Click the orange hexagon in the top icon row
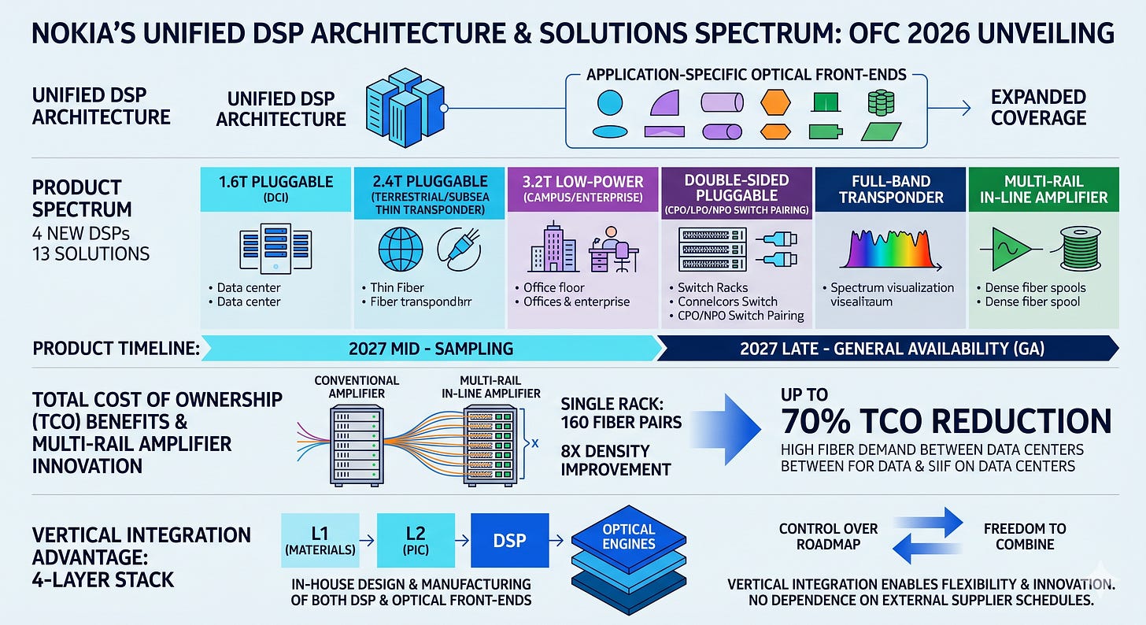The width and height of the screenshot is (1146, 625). (775, 102)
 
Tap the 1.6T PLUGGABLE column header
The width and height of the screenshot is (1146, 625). (275, 189)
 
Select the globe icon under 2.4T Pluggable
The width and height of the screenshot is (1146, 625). (401, 249)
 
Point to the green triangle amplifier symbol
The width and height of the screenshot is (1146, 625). (1011, 249)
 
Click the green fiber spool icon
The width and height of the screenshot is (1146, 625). (1080, 249)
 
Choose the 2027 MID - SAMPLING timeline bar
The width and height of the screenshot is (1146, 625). (431, 348)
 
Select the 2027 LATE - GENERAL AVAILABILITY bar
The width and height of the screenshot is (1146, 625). (888, 348)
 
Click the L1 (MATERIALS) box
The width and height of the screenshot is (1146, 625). (320, 541)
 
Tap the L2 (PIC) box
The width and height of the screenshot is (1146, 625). (416, 541)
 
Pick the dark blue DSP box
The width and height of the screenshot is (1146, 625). (509, 541)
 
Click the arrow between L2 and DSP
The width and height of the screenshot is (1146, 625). (463, 541)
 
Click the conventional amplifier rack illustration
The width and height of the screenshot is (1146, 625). (357, 445)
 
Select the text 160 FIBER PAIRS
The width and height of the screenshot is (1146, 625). (621, 422)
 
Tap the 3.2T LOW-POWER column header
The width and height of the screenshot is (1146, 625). (582, 189)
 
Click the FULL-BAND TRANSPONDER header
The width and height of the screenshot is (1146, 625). (890, 189)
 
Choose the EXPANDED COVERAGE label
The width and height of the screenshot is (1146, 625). (1038, 107)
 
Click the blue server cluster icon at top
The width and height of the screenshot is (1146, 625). (405, 108)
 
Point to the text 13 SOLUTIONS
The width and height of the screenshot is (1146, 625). (91, 253)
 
